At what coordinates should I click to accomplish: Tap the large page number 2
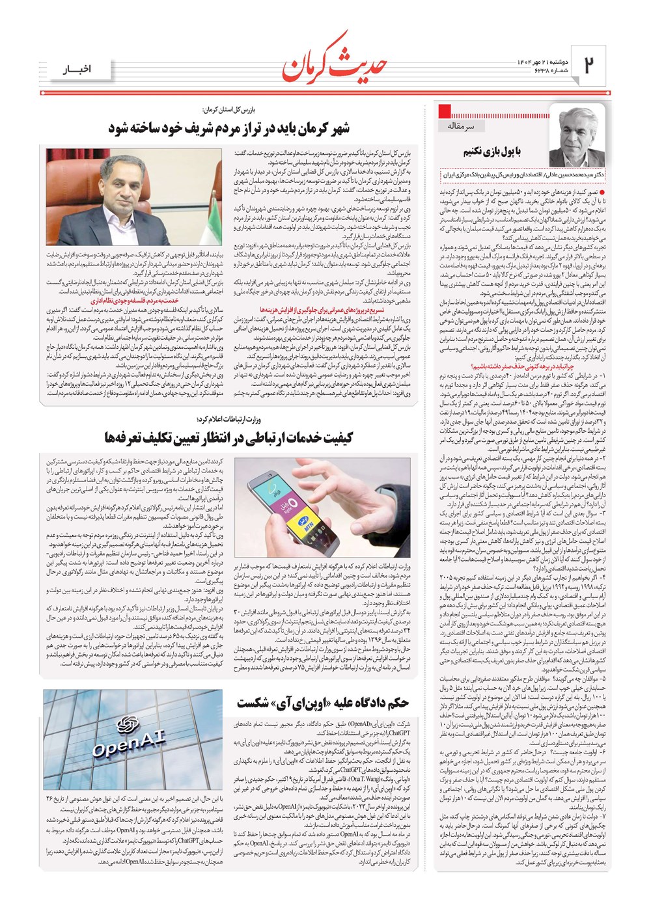click(x=590, y=66)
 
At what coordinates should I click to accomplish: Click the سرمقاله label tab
click(x=465, y=126)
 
